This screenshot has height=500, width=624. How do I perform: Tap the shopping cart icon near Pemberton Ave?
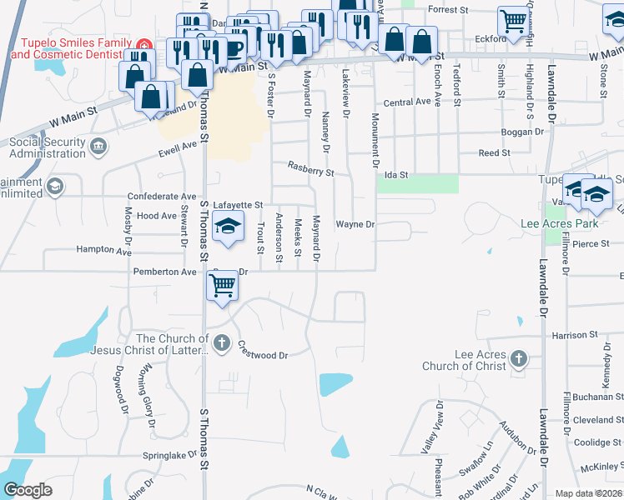(223, 285)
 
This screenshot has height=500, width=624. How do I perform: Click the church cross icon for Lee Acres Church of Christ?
(518, 358)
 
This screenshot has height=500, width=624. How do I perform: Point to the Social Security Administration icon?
(98, 147)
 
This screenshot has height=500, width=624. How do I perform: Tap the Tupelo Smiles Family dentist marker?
(143, 43)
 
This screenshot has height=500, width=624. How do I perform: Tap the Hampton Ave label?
(103, 250)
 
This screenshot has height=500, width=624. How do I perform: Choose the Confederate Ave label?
(161, 197)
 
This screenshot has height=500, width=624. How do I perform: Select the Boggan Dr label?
(523, 132)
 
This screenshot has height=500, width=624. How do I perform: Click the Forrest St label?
(448, 9)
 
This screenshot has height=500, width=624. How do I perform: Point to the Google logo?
(28, 491)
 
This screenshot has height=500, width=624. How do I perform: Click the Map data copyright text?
(589, 493)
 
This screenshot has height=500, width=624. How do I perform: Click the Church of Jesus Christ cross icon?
(221, 342)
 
